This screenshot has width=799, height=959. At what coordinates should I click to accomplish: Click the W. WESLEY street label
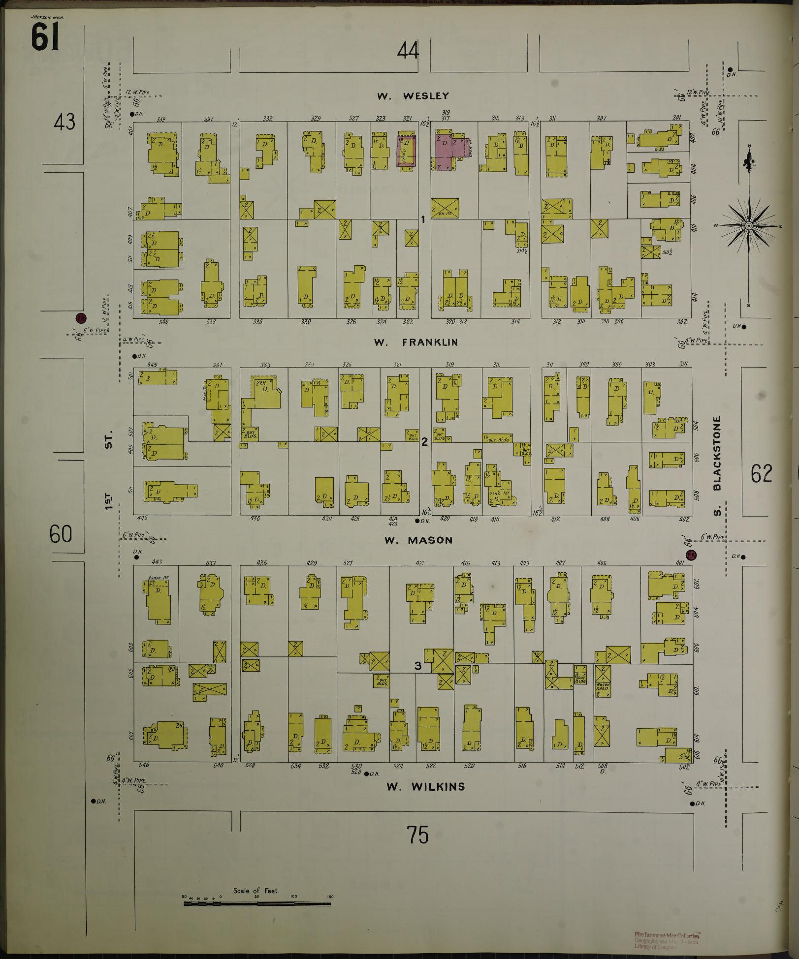[413, 96]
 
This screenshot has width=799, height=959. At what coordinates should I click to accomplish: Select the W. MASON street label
[418, 540]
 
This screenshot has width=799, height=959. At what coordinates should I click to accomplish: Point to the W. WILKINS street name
[425, 786]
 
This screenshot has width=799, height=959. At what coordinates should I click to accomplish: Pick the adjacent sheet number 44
[408, 51]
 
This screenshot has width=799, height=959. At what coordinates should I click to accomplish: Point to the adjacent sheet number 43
[64, 122]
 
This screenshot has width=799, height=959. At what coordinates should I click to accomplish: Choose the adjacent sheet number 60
[61, 534]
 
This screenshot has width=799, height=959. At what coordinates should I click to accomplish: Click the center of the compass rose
[748, 226]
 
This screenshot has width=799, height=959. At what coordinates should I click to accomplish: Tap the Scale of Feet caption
[256, 891]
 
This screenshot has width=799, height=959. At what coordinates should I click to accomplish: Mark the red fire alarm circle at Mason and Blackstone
[692, 555]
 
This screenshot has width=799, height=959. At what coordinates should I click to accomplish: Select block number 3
[417, 666]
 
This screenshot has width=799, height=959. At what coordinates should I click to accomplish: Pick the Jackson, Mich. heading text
[47, 17]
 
